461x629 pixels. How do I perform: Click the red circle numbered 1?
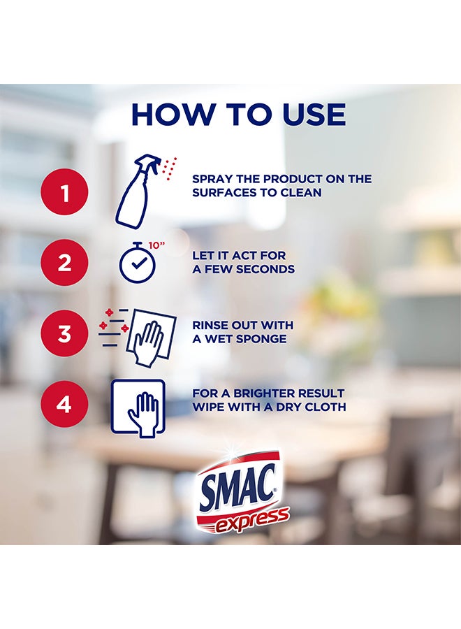pos(65,193)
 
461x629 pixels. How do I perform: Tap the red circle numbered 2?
pos(65,263)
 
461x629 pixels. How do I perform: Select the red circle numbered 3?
pos(65,333)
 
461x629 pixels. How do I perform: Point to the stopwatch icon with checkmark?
pos(134,263)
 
